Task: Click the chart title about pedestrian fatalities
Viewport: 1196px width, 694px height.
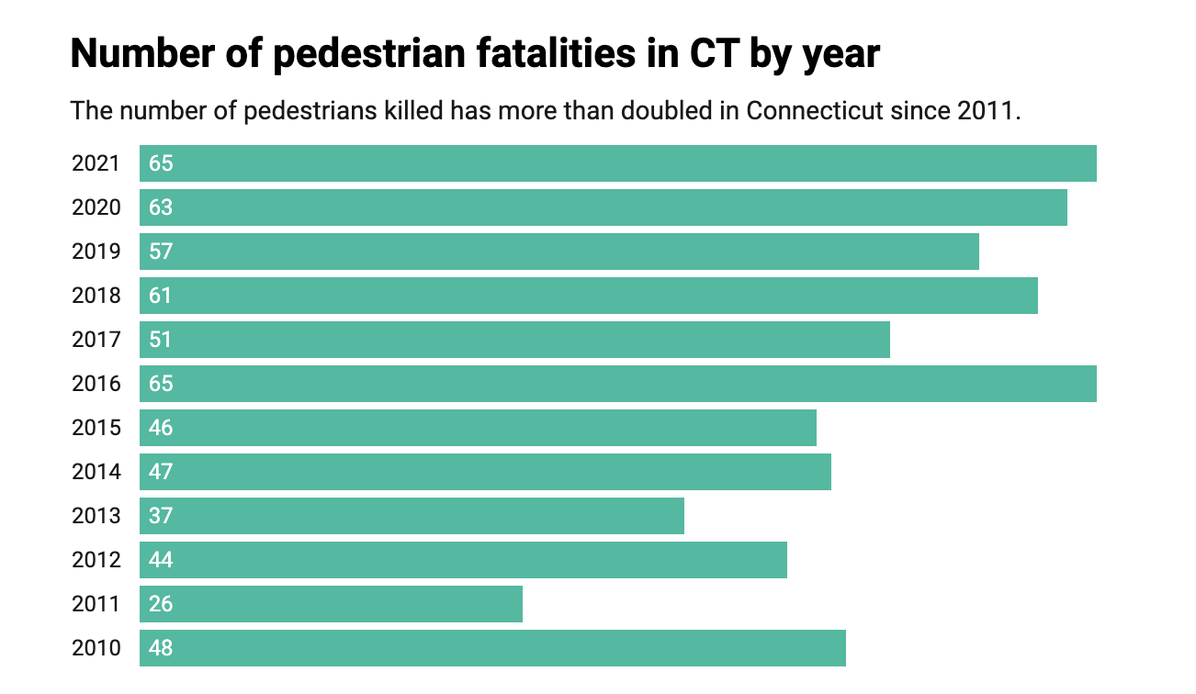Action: (x=475, y=54)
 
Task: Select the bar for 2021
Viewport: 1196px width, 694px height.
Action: (x=617, y=163)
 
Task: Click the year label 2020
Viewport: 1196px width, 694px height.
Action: (x=96, y=207)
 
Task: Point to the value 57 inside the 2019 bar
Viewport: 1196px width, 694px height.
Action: (x=161, y=252)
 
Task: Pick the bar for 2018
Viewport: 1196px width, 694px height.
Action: (x=588, y=296)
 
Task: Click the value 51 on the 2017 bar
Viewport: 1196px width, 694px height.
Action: (x=161, y=340)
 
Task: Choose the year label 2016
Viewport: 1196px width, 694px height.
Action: (x=96, y=384)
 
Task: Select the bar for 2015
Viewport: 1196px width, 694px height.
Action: (x=478, y=428)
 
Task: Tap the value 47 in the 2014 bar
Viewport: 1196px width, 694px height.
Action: (x=161, y=472)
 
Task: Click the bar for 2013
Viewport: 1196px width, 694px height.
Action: (x=412, y=516)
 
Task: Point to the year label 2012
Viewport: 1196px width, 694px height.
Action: (x=96, y=560)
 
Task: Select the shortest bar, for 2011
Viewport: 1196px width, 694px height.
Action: (x=331, y=604)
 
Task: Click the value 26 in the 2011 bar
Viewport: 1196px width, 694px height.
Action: (x=161, y=604)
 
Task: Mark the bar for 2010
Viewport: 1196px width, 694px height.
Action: (x=492, y=648)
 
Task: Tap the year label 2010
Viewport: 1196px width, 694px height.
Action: (x=96, y=648)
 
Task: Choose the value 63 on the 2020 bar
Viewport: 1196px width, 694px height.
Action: (x=161, y=207)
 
